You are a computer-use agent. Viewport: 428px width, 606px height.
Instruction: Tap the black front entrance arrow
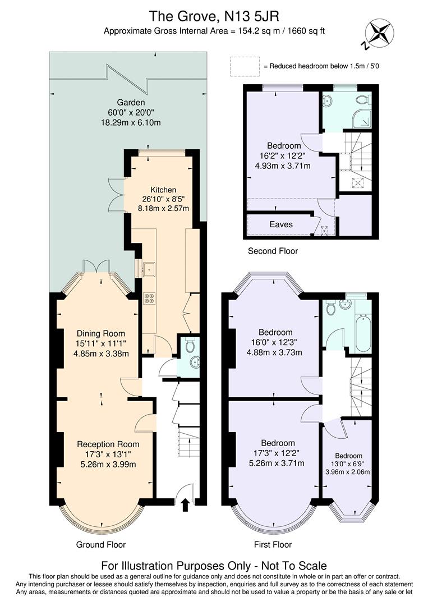[x=186, y=505]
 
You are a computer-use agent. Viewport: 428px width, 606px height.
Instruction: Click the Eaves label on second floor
[x=280, y=224]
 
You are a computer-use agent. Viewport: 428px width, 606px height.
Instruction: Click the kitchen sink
[x=149, y=269]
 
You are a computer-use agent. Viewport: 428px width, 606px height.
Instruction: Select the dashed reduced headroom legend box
[x=245, y=66]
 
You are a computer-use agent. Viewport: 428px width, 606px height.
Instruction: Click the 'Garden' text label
[x=131, y=103]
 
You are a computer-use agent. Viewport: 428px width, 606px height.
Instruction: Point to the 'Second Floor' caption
[x=273, y=251]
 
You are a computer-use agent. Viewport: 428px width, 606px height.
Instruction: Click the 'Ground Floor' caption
[x=101, y=544]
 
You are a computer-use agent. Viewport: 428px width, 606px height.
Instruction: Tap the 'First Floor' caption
[x=273, y=544]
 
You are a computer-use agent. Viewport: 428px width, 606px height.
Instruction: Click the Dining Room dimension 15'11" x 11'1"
[x=101, y=343]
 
